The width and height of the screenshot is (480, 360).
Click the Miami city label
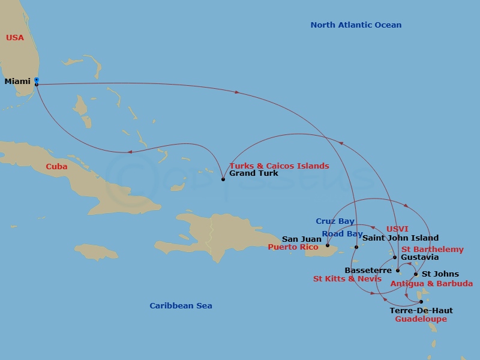(x=17, y=82)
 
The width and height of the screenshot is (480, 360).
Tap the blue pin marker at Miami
(x=37, y=79)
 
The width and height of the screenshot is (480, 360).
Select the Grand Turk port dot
(x=223, y=179)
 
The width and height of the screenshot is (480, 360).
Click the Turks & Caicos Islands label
(x=280, y=166)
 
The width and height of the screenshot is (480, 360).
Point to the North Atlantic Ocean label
(x=356, y=25)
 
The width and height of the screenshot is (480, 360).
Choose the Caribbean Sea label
(x=181, y=306)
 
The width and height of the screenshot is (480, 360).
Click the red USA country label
(x=15, y=38)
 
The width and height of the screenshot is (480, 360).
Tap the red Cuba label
(x=56, y=167)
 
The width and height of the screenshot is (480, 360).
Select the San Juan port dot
(x=328, y=245)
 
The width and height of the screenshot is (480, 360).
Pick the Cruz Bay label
(x=335, y=221)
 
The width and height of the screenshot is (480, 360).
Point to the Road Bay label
(x=342, y=234)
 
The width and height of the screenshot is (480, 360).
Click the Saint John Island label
(x=401, y=238)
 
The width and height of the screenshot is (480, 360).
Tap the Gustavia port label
(x=420, y=257)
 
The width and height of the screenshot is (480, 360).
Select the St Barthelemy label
(x=433, y=250)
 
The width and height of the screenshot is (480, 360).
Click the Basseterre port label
(x=368, y=271)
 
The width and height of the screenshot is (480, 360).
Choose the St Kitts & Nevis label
(x=347, y=279)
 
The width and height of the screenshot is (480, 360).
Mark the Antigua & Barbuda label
(x=432, y=283)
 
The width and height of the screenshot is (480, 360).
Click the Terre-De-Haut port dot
(x=421, y=302)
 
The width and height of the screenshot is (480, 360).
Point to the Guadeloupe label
(x=421, y=319)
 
